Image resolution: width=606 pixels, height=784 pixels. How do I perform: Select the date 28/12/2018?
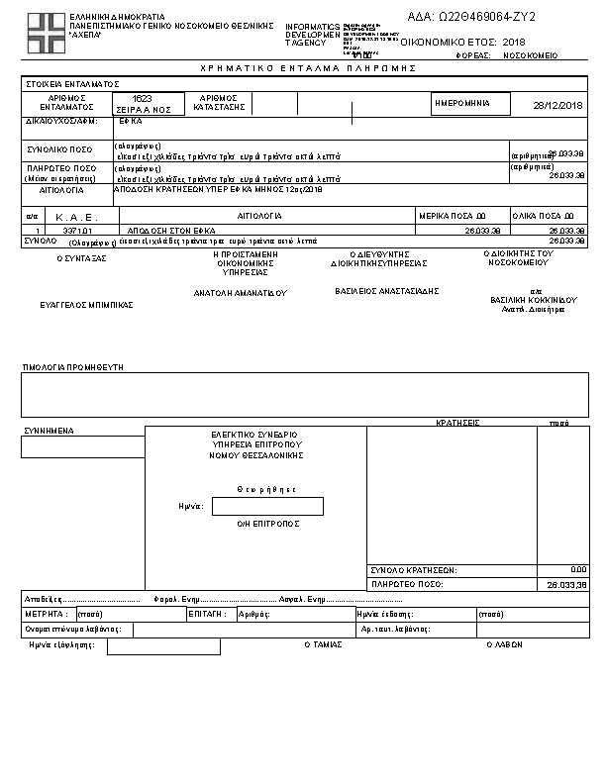558,105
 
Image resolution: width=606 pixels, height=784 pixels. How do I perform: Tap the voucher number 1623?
144,99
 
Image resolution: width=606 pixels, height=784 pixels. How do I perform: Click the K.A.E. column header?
73,215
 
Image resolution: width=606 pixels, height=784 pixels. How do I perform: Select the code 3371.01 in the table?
76,230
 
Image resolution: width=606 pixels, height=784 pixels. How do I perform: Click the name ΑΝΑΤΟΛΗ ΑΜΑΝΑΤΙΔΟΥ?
240,293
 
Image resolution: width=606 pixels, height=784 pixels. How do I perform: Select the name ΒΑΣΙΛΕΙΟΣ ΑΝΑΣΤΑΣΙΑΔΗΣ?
386,291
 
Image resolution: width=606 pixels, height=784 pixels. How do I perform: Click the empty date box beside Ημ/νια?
267,506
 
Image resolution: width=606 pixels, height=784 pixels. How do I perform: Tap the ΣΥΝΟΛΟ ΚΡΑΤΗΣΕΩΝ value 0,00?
579,570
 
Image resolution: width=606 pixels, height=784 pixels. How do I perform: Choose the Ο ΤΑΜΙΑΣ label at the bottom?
323,643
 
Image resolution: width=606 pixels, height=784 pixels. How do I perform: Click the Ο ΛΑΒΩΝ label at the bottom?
504,643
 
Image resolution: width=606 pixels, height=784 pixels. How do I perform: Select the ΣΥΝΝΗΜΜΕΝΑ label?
49,431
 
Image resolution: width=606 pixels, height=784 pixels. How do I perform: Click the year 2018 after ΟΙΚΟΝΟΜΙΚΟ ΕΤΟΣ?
514,43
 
